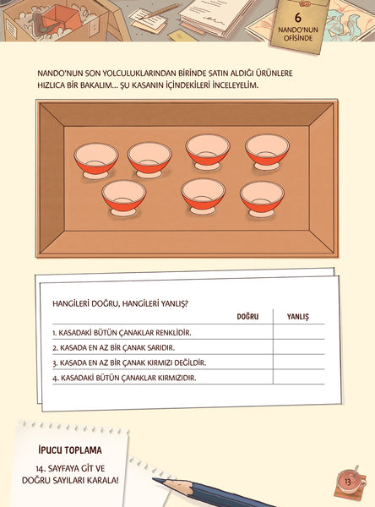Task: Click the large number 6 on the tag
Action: click(x=298, y=17)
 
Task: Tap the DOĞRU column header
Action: click(x=247, y=317)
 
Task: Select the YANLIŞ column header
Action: click(x=298, y=317)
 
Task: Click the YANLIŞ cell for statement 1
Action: click(x=299, y=332)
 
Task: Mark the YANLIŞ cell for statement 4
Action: click(x=299, y=377)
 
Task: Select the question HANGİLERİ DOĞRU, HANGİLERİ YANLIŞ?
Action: click(x=120, y=304)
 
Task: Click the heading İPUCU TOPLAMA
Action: click(x=70, y=450)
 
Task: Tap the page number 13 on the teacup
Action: click(x=347, y=482)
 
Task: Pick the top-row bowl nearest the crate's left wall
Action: click(x=96, y=161)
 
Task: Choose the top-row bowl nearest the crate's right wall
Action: click(x=267, y=152)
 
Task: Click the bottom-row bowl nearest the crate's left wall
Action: click(x=124, y=198)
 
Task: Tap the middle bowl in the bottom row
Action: click(x=203, y=196)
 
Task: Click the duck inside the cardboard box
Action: click(x=40, y=25)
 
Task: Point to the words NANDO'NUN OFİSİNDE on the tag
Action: click(x=298, y=34)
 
